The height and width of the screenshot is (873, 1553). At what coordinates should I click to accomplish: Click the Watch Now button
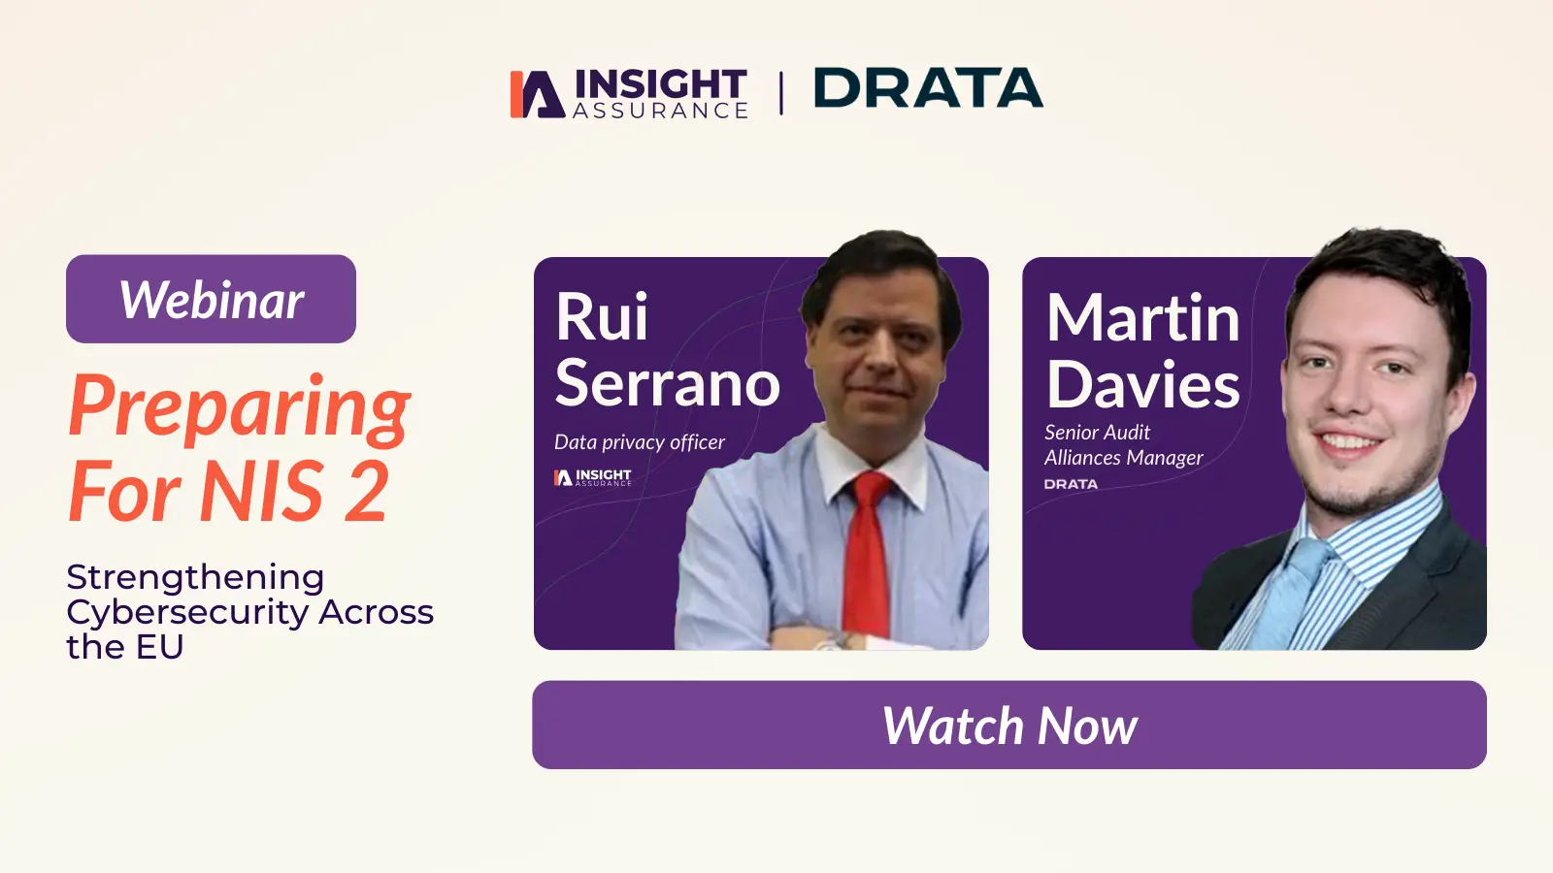tap(1008, 725)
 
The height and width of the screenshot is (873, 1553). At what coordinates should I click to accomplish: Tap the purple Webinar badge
tap(211, 299)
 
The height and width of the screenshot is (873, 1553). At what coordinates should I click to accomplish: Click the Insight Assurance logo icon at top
tap(537, 94)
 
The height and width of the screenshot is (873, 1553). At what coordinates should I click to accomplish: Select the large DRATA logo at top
tap(928, 88)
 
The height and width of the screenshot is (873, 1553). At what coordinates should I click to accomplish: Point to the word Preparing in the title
tap(240, 407)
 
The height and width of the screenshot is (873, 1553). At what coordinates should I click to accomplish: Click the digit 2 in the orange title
tap(366, 492)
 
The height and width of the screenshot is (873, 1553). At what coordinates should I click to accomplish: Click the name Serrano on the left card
tap(668, 383)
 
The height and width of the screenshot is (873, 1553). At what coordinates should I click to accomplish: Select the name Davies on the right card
tap(1142, 384)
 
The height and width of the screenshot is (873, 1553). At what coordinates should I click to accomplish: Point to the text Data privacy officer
tap(639, 442)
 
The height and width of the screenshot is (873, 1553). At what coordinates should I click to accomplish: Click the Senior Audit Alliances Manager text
tap(1122, 445)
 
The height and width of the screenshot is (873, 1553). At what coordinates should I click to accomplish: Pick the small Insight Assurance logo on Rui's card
tap(592, 477)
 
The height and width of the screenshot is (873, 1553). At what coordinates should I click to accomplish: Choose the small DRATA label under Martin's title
tap(1071, 484)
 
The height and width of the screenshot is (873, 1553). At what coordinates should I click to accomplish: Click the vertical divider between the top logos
tap(781, 92)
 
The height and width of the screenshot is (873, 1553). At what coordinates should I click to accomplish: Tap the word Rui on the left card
tap(601, 317)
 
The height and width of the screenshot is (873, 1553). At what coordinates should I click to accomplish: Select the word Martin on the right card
tap(1142, 318)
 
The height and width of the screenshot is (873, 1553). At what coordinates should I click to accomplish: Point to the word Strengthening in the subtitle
tap(195, 577)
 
